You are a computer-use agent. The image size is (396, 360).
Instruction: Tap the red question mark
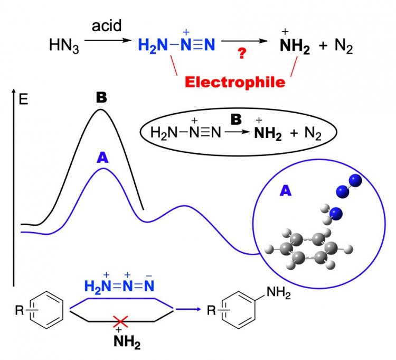(242, 54)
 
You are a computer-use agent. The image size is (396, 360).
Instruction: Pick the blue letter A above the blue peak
(103, 156)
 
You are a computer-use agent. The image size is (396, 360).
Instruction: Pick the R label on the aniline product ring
(211, 310)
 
